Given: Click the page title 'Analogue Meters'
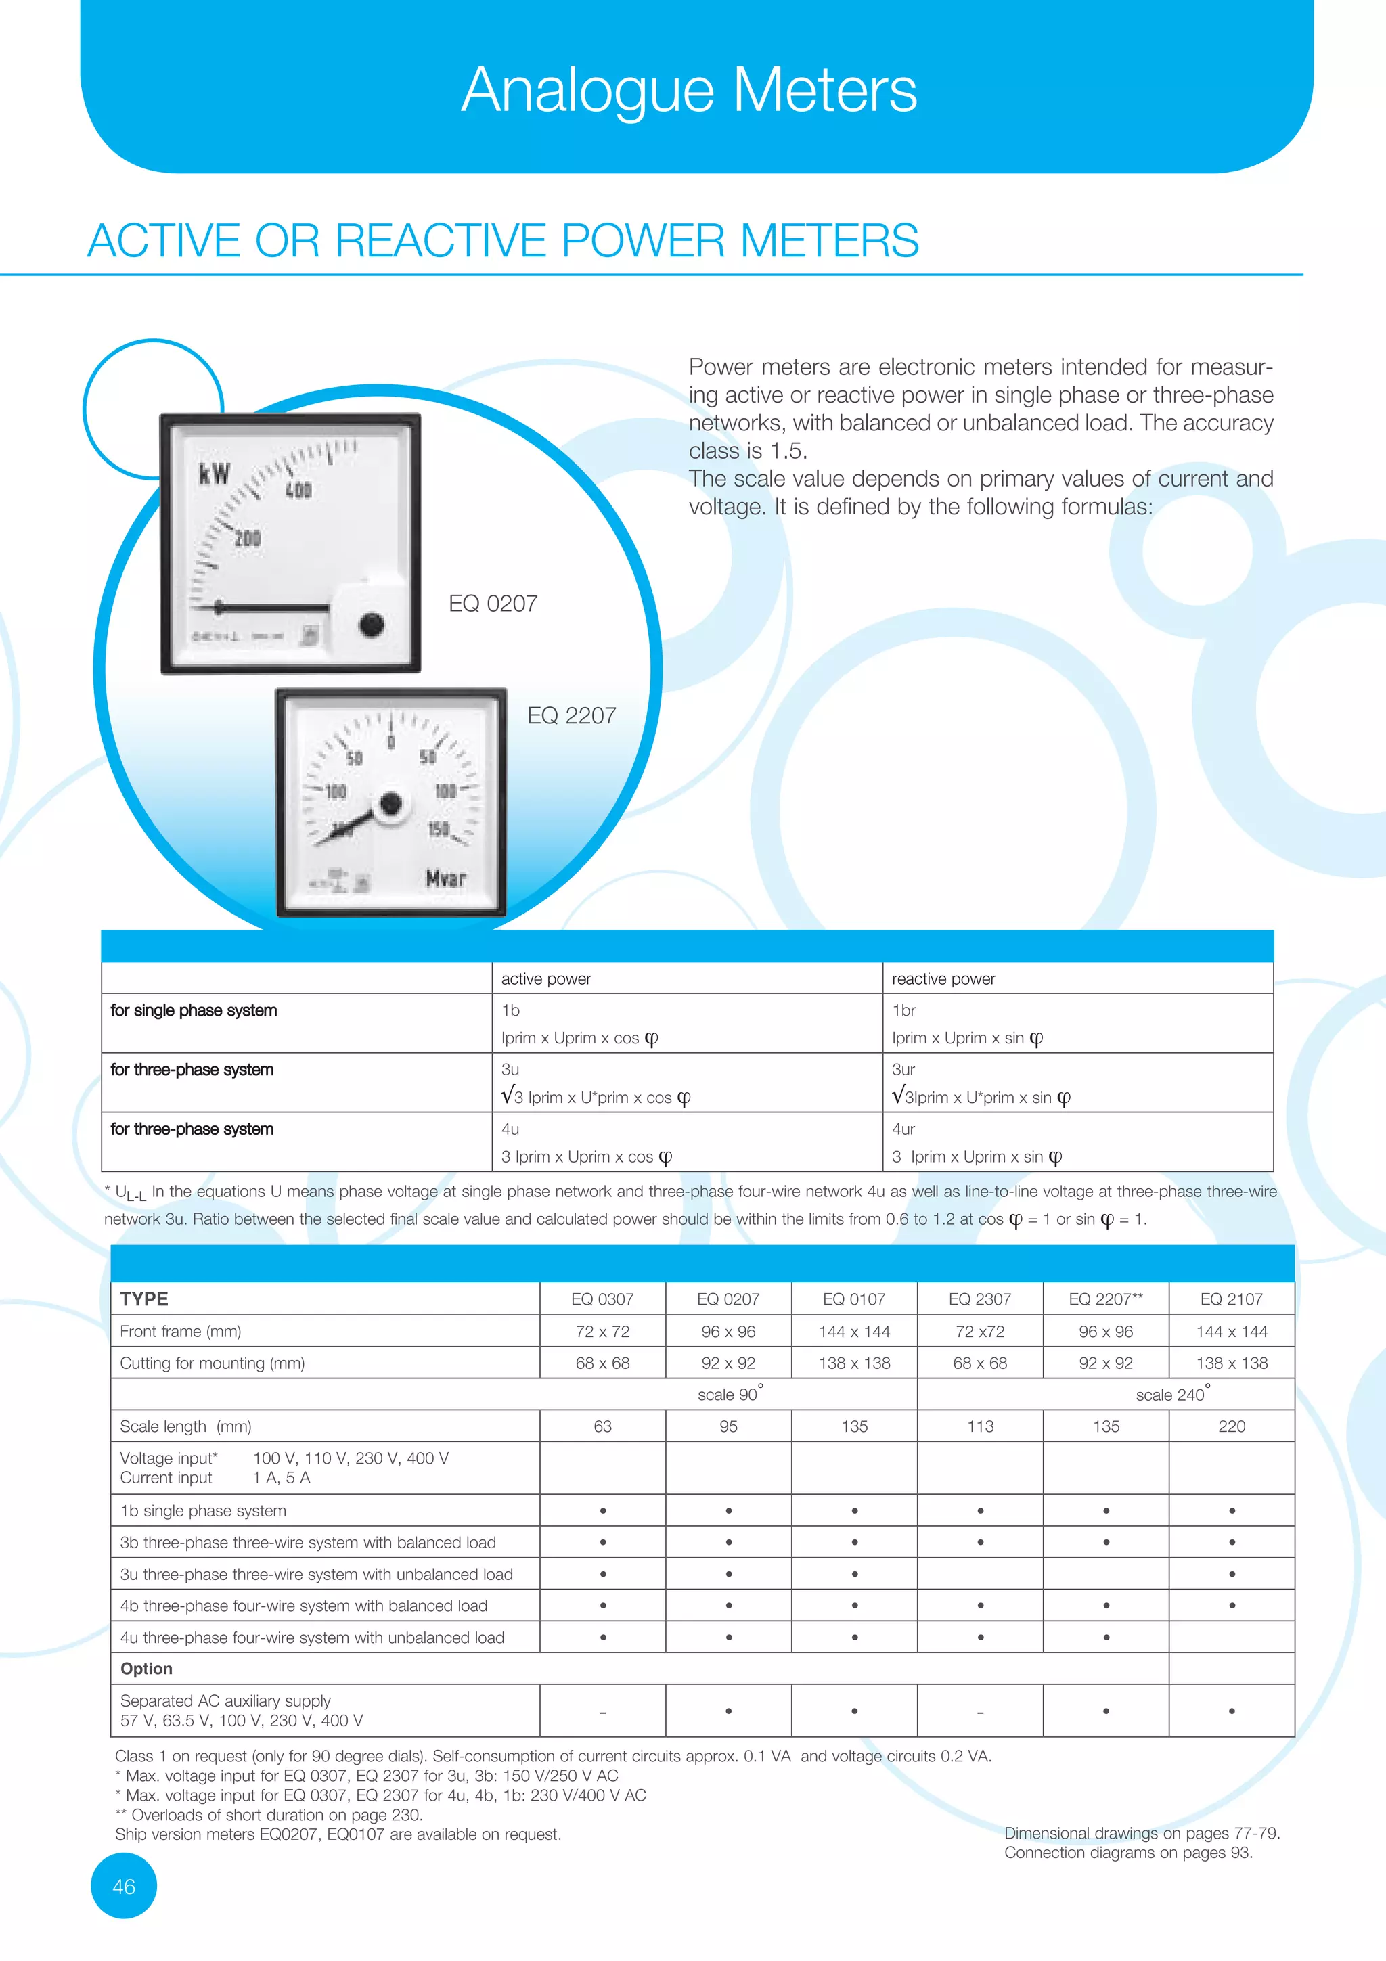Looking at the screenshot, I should coord(689,90).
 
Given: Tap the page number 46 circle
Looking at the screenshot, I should coord(124,1886).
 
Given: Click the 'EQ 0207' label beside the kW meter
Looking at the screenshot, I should coord(493,604).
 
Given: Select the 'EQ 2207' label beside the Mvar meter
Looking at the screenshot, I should coord(571,716).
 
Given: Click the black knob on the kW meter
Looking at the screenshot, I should coord(372,625).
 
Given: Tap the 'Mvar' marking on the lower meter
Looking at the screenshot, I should coord(446,878).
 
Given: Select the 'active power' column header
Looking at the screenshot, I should coord(545,978).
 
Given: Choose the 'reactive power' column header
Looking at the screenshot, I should coord(943,978).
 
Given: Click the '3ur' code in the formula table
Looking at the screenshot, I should coord(903,1069).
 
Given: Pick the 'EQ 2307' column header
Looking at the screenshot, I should coord(979,1299).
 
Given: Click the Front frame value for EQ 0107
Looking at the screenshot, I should coord(854,1332).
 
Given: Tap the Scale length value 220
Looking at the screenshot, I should coord(1232,1426).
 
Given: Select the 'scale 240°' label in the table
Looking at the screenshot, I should coord(1171,1394).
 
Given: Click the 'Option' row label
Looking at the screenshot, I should coord(146,1669).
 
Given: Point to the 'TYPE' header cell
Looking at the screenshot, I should coord(144,1299).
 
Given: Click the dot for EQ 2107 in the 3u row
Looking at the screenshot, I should coord(1232,1574).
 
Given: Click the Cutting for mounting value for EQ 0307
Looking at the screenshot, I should coord(603,1363).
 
